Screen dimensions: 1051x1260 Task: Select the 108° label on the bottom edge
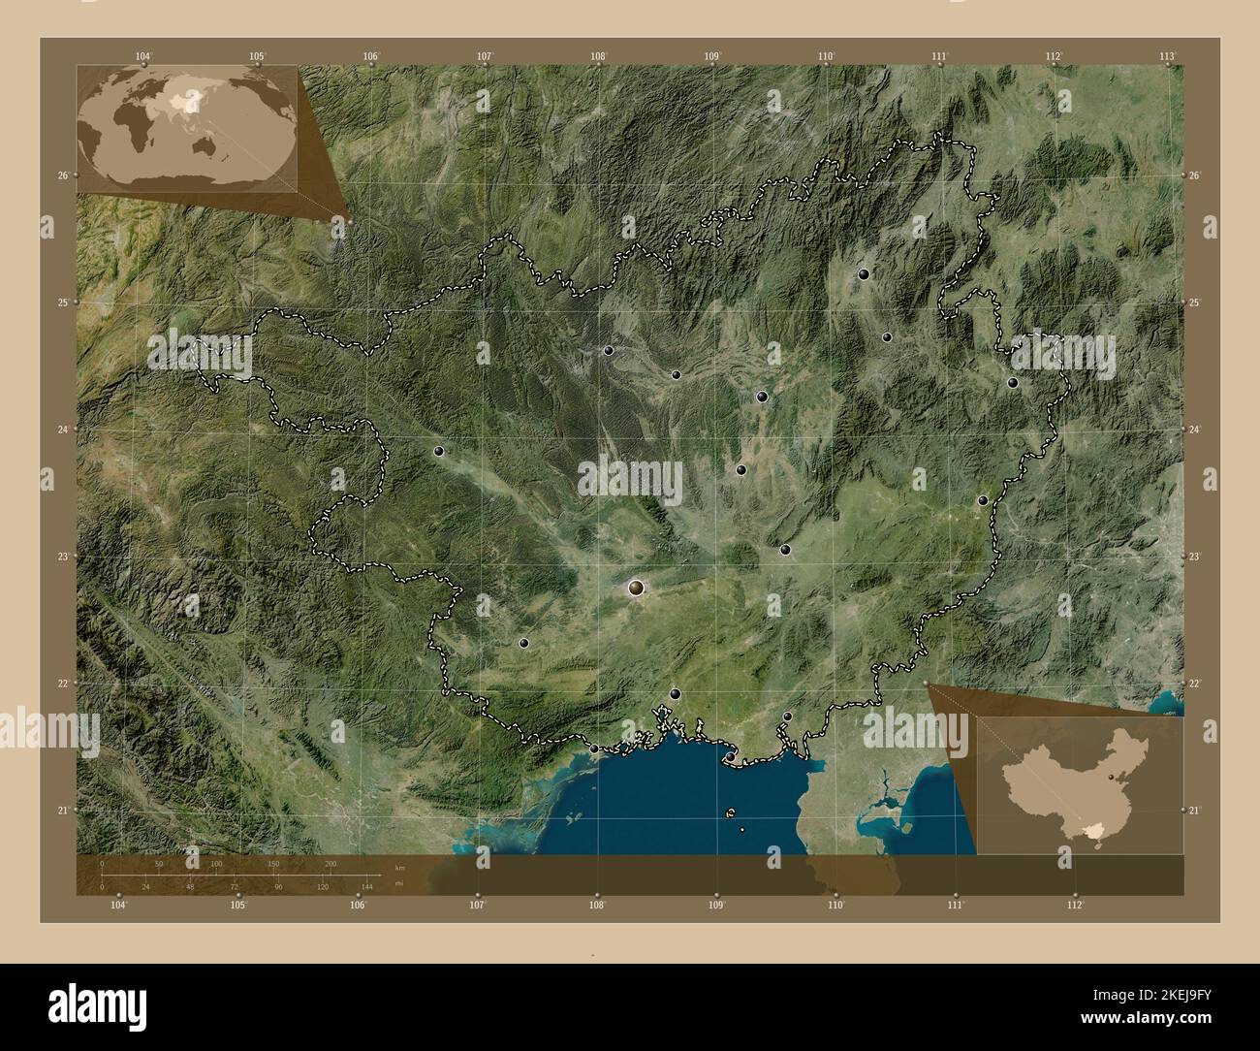(x=597, y=906)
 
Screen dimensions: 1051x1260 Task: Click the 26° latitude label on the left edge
(x=61, y=175)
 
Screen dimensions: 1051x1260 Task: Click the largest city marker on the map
(x=636, y=587)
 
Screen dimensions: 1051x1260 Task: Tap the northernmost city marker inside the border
(x=863, y=274)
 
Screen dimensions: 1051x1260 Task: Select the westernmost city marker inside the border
(x=438, y=451)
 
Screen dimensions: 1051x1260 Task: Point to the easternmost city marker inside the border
(x=1013, y=382)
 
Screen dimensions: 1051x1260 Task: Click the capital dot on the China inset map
(x=1111, y=778)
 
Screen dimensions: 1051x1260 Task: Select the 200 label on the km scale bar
(x=331, y=863)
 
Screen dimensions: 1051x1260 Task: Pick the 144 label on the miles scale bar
(x=367, y=887)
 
